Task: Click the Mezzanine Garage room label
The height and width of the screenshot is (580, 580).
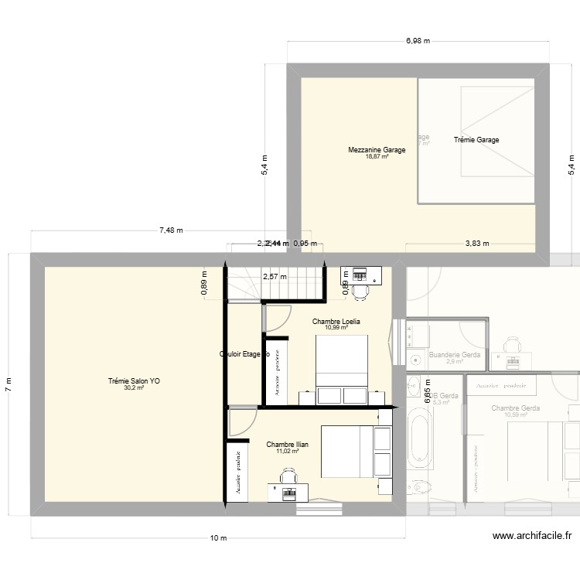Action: point(377,150)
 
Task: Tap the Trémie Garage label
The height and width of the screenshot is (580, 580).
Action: point(476,140)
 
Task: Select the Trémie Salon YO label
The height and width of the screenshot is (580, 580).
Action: point(134,380)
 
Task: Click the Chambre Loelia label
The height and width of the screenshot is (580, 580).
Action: point(336,321)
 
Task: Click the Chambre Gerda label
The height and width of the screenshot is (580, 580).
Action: point(515,408)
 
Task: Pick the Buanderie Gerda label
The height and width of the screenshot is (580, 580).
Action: point(455,355)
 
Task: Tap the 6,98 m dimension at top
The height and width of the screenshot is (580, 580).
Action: point(418,40)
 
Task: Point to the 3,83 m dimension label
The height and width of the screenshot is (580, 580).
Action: point(477,244)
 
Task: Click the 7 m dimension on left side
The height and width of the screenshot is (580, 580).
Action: point(9,384)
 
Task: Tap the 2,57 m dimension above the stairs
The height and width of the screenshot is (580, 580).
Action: point(274,276)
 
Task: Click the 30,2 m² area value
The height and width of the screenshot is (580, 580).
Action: point(134,387)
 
